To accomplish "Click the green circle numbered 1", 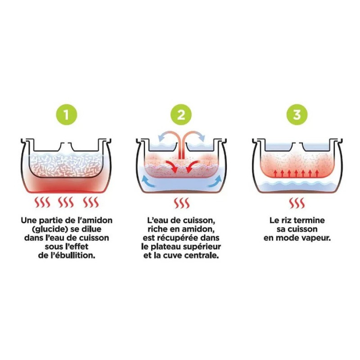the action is click(66, 115).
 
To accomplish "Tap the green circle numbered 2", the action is click(181, 115).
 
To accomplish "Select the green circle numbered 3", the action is click(297, 115).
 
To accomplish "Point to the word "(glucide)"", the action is click(49, 229).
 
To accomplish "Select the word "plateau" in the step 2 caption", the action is click(166, 247).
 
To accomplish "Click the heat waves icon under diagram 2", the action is click(182, 203).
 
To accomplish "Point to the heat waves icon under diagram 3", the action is click(297, 203).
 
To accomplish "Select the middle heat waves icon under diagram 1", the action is click(66, 202).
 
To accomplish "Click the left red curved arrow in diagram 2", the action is click(172, 166).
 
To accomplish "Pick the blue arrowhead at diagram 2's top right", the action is click(202, 138).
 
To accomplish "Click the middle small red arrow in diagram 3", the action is click(296, 174).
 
